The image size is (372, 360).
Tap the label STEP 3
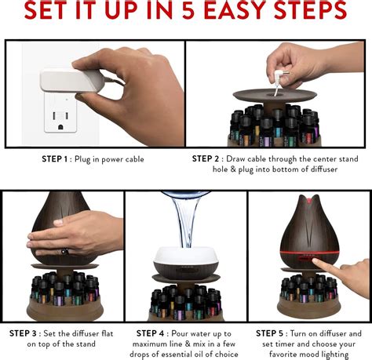(x=24, y=333)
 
